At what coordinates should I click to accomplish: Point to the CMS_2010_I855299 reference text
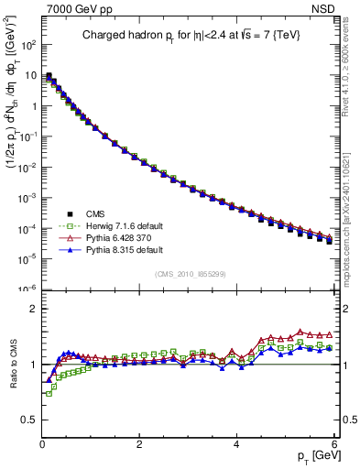[x=191, y=273]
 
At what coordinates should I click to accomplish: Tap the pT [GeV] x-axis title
[x=311, y=455]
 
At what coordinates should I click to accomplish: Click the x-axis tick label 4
[x=237, y=442]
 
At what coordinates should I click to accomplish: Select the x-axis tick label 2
[x=139, y=442]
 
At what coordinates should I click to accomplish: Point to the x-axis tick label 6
[x=334, y=442]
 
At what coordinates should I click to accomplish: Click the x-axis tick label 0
[x=42, y=442]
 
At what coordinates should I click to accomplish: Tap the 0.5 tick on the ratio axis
[x=29, y=420]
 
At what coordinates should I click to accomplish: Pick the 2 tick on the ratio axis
[x=33, y=309]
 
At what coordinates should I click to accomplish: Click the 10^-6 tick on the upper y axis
[x=27, y=289]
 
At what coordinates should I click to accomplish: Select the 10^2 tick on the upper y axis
[x=27, y=45]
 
